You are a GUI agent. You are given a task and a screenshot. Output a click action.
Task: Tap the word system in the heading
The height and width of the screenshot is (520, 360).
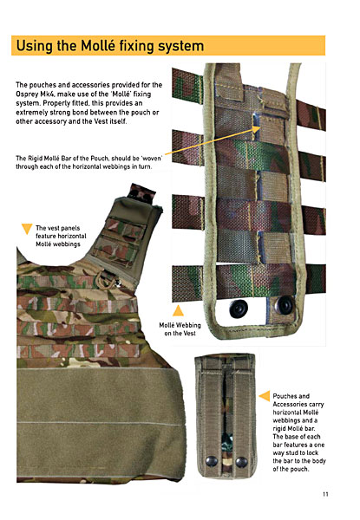click(180, 47)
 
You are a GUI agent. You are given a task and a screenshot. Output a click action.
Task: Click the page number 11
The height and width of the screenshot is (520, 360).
click(325, 494)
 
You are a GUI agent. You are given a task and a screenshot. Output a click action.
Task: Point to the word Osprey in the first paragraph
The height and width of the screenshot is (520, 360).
click(27, 94)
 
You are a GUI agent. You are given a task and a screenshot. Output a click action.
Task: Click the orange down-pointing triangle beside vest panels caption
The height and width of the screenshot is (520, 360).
click(27, 229)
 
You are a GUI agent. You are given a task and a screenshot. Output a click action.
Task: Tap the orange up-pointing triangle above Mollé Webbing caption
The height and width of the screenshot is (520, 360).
click(178, 310)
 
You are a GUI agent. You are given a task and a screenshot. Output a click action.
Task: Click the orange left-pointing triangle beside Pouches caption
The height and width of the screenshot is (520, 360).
click(265, 396)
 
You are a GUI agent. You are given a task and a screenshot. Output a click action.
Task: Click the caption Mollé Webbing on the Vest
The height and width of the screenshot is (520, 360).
click(180, 329)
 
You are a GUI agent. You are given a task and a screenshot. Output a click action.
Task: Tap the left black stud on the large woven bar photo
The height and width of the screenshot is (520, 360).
click(239, 309)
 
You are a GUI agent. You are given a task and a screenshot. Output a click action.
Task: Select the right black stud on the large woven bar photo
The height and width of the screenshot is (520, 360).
click(285, 305)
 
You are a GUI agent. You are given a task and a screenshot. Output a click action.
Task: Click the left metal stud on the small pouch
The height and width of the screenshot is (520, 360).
click(212, 461)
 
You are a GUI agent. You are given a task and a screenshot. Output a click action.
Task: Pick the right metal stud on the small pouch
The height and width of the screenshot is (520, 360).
click(241, 462)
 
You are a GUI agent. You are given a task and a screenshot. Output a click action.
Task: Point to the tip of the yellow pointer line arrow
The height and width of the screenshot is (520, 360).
click(261, 129)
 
